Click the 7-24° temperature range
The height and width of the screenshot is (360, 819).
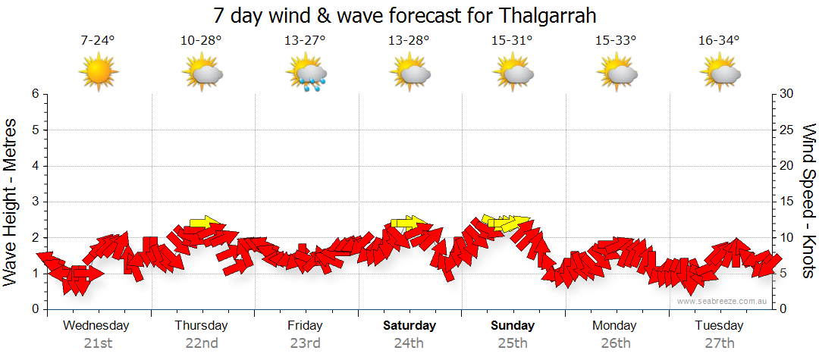pyautogui.click(x=98, y=41)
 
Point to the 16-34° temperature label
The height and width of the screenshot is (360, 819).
pyautogui.click(x=719, y=41)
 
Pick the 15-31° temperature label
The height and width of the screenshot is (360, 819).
pyautogui.click(x=512, y=41)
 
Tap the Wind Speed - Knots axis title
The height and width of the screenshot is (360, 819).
pyautogui.click(x=808, y=202)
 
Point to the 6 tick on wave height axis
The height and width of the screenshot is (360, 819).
pyautogui.click(x=35, y=94)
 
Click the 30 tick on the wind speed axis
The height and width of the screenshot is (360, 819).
pyautogui.click(x=787, y=94)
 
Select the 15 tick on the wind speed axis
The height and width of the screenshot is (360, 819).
pyautogui.click(x=787, y=202)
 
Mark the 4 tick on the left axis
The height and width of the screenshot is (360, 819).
pyautogui.click(x=35, y=166)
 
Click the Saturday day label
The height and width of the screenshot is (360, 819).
pyautogui.click(x=409, y=326)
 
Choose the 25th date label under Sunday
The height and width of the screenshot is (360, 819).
pyautogui.click(x=513, y=343)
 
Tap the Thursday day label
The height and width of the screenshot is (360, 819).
pyautogui.click(x=201, y=326)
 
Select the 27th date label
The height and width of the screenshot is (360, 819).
pyautogui.click(x=719, y=343)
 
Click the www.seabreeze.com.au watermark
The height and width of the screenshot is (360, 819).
pyautogui.click(x=723, y=302)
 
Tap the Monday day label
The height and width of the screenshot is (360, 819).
pyautogui.click(x=615, y=326)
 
